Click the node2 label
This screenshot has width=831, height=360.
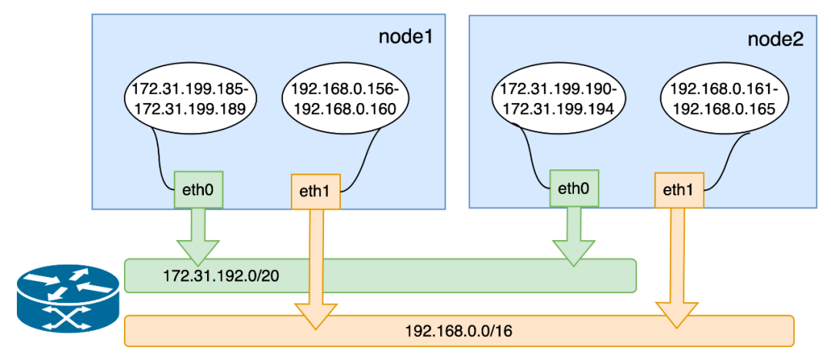(x=775, y=40)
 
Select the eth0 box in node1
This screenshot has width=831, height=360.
(x=199, y=188)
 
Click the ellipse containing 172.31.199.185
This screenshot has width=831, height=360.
(x=190, y=99)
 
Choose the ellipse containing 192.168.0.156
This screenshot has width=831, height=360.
(x=345, y=99)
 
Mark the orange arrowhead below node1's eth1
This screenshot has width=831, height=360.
(x=315, y=314)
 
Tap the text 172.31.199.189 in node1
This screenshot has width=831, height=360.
(x=190, y=109)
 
